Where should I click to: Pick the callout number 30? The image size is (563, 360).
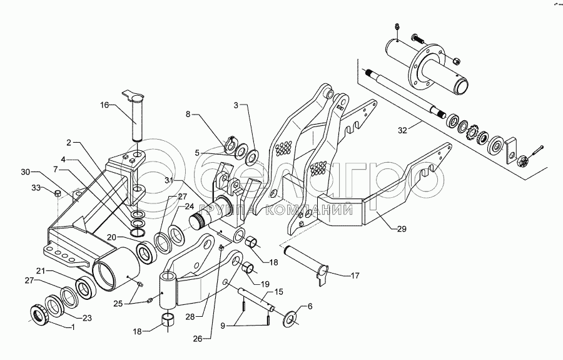(x=24, y=170)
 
